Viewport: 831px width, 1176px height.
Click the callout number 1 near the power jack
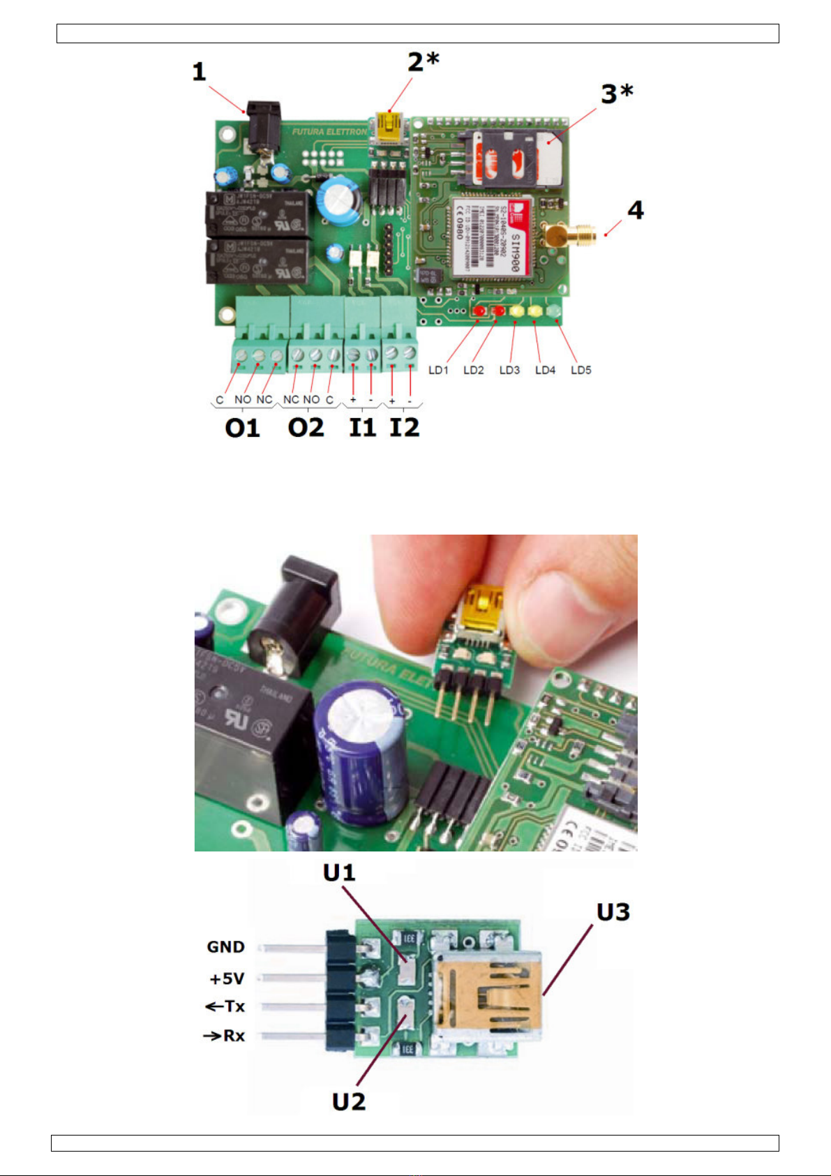[200, 72]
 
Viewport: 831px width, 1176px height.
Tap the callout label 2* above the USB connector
[424, 62]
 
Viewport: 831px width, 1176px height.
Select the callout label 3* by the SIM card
[617, 94]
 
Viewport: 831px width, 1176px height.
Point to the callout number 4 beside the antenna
[635, 210]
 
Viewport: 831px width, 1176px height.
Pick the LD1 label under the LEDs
[438, 370]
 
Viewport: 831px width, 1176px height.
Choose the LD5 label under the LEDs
[581, 370]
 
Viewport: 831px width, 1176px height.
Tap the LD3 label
[509, 370]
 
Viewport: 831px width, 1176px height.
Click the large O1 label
[242, 427]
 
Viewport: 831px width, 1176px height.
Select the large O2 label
[306, 427]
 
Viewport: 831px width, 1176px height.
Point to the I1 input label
[362, 427]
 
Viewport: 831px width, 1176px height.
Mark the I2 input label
[404, 427]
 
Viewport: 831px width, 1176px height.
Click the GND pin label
[225, 947]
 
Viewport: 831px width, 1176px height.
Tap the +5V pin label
[227, 978]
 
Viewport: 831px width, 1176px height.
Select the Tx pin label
[225, 1006]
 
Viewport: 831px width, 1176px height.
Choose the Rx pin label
[225, 1036]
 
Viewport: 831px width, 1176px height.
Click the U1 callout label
[339, 873]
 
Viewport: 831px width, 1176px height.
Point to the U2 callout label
[349, 1101]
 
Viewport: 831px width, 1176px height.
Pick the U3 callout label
[613, 912]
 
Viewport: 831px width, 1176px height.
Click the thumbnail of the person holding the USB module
[416, 692]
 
